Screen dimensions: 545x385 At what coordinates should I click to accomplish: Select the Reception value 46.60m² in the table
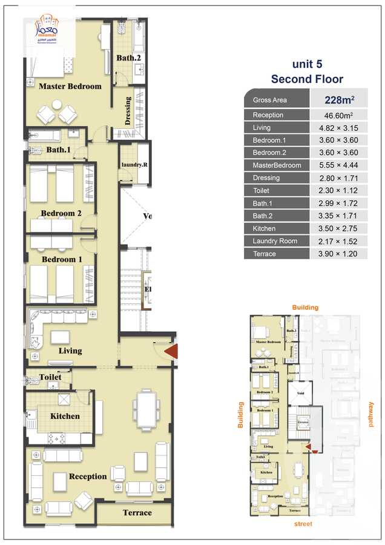click(338, 115)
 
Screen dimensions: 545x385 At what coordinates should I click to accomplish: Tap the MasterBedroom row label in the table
click(277, 165)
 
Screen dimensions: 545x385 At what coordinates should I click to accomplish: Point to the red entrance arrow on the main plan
click(171, 351)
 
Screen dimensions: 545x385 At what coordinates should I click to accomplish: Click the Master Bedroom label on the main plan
click(70, 87)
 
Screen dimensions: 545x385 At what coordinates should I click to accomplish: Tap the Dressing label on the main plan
click(128, 111)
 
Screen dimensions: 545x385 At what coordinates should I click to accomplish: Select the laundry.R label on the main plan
click(133, 165)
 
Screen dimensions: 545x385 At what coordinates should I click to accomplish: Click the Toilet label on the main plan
click(50, 377)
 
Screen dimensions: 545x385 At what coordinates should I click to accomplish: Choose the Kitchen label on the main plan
click(65, 416)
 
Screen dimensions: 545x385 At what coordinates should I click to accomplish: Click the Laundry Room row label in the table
click(275, 241)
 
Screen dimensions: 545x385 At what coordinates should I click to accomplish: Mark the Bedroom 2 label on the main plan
click(61, 213)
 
